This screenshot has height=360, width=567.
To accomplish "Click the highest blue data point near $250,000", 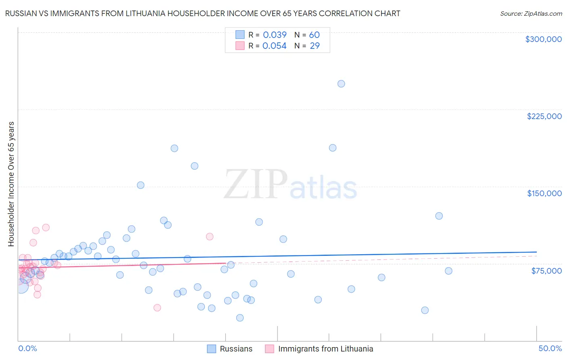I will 341,84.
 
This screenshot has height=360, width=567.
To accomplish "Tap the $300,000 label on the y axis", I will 543,39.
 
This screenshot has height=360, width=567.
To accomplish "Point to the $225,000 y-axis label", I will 544,116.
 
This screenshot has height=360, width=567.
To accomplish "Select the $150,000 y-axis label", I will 544,193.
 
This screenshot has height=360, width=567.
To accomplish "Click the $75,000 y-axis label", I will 546,271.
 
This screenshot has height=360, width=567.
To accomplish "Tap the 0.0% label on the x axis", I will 27,348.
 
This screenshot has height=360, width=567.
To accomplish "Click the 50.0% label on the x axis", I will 550,348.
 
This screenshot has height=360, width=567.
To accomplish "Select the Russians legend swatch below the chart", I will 212,349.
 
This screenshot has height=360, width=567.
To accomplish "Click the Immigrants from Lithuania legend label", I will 325,349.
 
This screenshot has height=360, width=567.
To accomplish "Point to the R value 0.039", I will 275,35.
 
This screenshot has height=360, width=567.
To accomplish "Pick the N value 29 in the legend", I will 315,46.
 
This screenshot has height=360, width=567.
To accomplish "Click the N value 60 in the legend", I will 314,35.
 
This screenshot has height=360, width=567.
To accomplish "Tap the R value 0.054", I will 274,46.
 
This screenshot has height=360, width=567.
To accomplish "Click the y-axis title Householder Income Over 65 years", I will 11,184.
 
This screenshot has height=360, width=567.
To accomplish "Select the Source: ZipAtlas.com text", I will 531,13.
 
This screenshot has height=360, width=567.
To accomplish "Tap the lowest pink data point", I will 157,308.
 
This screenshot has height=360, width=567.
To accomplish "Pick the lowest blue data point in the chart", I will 240,318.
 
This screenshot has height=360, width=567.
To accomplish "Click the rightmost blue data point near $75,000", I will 448,271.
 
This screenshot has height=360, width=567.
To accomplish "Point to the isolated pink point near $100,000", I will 210,237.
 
